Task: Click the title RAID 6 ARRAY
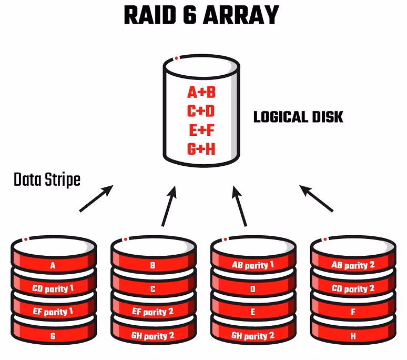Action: [201, 16]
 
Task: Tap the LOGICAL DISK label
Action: [298, 117]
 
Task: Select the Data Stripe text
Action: [47, 180]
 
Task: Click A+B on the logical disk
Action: [201, 93]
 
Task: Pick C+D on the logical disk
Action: [201, 112]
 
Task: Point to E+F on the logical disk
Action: [201, 130]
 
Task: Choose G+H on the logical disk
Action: [201, 149]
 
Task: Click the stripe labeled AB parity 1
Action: [253, 265]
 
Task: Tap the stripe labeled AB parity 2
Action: [353, 265]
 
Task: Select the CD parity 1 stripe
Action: [53, 288]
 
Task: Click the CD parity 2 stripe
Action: [353, 288]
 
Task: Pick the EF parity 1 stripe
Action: [53, 312]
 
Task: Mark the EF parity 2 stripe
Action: [152, 312]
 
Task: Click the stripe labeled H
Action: [353, 335]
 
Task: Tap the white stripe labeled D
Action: [253, 289]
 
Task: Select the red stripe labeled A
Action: [53, 266]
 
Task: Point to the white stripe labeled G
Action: [53, 335]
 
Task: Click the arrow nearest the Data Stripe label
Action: [96, 199]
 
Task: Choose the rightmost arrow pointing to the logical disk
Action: [317, 198]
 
